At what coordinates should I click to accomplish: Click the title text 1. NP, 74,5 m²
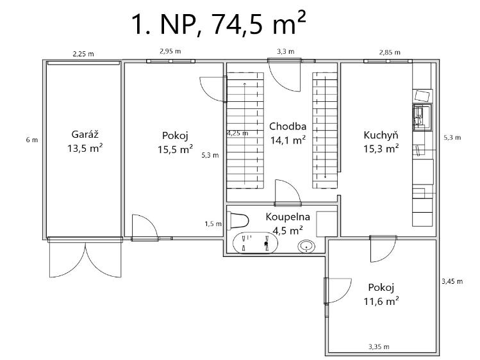coord(219,24)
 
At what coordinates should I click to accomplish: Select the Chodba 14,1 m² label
coord(288,133)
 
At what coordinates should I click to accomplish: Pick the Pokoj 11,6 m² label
coord(381,294)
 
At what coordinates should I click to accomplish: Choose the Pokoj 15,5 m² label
coord(175,142)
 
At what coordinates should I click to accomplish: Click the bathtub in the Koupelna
coord(255,243)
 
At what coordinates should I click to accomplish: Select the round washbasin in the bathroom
coord(306,247)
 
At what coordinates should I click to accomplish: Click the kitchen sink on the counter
coord(422,117)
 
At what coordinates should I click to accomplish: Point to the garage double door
coord(85,258)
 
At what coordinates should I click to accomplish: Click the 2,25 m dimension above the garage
coord(83,54)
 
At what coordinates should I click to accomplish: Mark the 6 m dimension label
coord(32,140)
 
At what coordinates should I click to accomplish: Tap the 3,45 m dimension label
coord(452,281)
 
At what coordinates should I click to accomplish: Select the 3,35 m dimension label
coord(379,347)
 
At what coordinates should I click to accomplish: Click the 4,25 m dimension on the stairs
coord(238,133)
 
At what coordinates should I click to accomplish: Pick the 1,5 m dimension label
coord(213,224)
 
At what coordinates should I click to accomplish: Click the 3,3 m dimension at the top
coord(286,51)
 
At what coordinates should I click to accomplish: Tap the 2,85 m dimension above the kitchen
coord(390,53)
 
